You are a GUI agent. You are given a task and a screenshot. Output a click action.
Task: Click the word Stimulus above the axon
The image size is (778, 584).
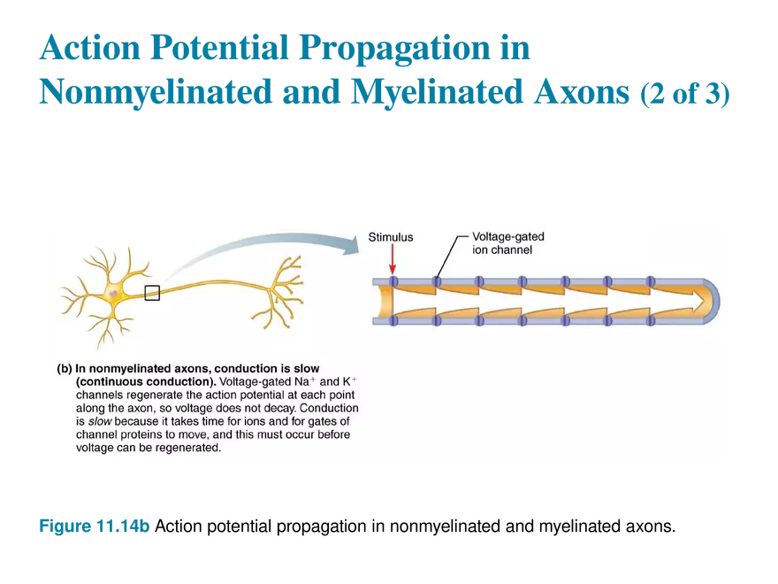point(390,237)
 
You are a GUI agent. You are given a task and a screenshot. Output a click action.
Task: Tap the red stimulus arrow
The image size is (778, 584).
point(392,261)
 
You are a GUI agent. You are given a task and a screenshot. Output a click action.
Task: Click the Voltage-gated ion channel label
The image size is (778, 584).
point(507,242)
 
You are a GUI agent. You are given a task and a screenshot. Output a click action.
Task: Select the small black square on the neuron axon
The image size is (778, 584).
point(152,293)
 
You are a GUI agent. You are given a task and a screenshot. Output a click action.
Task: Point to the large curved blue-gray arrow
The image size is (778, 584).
point(256,252)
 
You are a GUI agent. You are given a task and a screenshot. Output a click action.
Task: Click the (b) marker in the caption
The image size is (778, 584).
point(64,367)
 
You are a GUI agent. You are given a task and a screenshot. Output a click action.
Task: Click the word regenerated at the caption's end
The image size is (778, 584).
point(189,448)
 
